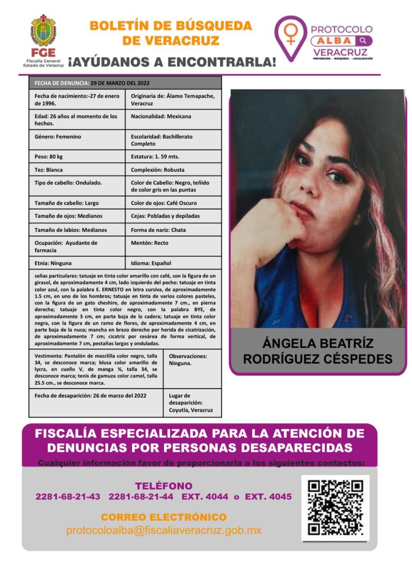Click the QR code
tap(335, 508)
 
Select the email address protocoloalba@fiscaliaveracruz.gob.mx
tap(164, 530)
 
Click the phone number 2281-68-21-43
tap(68, 497)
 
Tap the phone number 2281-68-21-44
tap(141, 497)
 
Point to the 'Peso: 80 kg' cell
tap(77, 157)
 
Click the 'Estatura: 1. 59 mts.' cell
tap(173, 157)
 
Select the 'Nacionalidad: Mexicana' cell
tap(173, 119)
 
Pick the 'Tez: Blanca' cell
tap(77, 170)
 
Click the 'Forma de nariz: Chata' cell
tap(173, 230)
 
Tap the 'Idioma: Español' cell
tap(173, 263)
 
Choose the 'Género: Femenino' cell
tap(77, 140)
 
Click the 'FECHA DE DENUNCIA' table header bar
tap(125, 83)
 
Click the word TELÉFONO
tap(164, 486)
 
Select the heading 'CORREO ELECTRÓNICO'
tap(164, 517)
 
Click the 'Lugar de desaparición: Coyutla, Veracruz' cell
tap(192, 403)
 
